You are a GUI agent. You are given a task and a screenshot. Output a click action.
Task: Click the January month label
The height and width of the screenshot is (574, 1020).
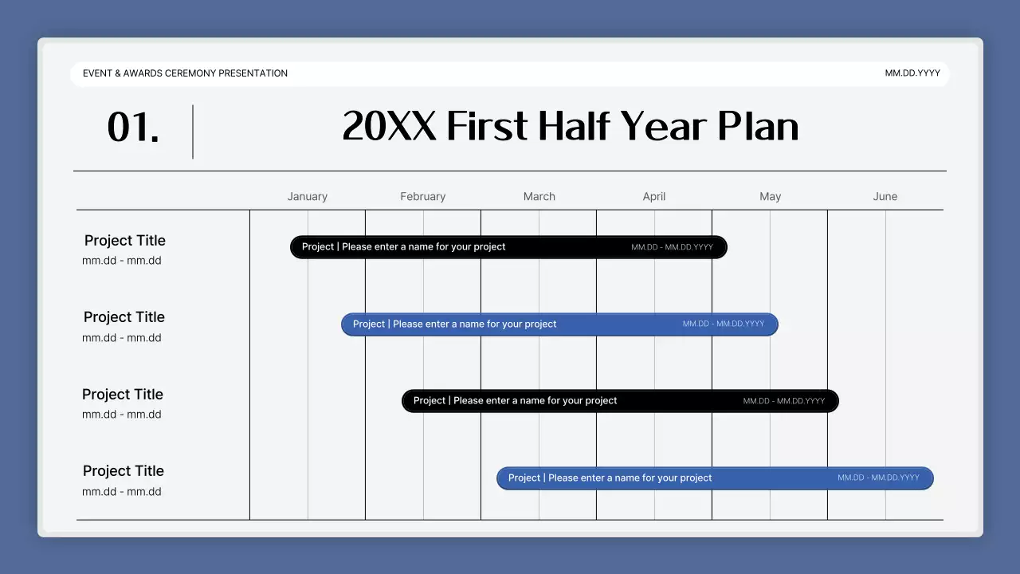[x=307, y=196]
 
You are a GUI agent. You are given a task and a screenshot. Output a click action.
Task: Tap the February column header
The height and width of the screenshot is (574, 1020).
[x=422, y=196]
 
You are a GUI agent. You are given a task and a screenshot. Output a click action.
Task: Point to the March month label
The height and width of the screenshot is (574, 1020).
[x=539, y=196]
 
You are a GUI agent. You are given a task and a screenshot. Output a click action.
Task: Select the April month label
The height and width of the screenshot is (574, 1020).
[x=653, y=196]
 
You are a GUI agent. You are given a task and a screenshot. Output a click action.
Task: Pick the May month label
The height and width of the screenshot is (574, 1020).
[x=770, y=196]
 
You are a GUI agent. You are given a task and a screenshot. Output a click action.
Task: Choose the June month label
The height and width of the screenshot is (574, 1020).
[x=885, y=196]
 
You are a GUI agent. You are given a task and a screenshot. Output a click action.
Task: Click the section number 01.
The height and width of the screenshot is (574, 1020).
[x=133, y=128]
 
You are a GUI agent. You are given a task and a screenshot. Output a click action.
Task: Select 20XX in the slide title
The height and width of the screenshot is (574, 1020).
[x=389, y=127]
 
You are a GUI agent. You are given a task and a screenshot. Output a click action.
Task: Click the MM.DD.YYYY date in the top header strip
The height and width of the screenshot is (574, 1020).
[x=912, y=73]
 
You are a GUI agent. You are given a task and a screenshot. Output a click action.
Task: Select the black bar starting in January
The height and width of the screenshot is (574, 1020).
[x=508, y=247]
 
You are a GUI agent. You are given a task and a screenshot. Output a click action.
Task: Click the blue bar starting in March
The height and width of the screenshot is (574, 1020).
[x=714, y=478]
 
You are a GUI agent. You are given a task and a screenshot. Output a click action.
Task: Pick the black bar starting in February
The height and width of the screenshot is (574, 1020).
[x=620, y=401]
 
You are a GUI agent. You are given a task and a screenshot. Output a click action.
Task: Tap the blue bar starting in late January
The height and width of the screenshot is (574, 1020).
[x=559, y=324]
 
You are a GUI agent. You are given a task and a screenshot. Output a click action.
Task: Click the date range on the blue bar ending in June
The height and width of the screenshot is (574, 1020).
[x=878, y=478]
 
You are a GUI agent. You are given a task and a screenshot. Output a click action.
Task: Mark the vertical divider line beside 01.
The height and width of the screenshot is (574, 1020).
[x=193, y=132]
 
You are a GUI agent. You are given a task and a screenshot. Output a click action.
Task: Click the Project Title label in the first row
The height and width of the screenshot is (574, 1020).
[x=125, y=241]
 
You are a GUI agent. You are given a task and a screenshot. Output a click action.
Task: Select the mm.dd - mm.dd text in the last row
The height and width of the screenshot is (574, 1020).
[x=122, y=492]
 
